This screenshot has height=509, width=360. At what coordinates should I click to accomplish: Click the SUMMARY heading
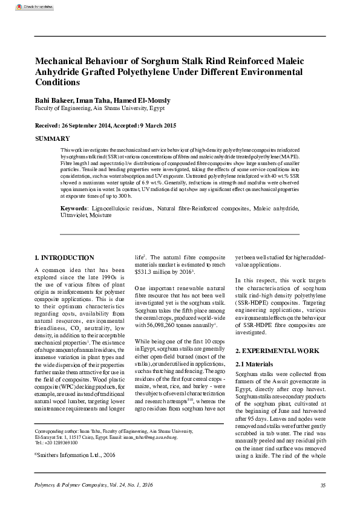tap(53, 139)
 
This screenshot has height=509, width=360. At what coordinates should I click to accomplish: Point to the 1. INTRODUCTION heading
tap(64, 258)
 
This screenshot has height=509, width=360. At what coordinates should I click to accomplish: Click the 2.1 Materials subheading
tap(257, 365)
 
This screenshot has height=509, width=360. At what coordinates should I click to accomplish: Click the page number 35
tap(322, 485)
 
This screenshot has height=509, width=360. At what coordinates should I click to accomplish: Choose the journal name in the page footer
tap(93, 485)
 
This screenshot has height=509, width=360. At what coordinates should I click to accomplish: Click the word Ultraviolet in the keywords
tap(74, 215)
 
